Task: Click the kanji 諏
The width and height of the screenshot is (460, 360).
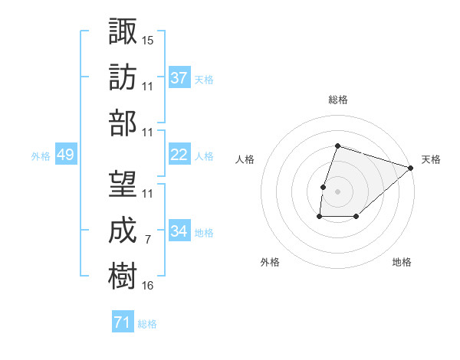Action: pos(123,31)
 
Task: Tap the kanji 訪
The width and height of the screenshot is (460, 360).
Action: pos(123,77)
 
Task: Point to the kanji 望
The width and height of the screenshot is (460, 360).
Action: pos(123,184)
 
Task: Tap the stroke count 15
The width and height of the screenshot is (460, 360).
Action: pos(148,40)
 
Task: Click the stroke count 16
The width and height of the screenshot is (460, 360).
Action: pos(148,286)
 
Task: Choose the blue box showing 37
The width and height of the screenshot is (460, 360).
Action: pos(179,77)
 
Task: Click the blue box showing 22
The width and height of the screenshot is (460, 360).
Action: pos(179,155)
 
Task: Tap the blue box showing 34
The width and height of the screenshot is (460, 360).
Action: pos(179,231)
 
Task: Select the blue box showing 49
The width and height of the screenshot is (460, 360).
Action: pos(65,155)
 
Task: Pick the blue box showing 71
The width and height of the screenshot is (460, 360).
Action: pos(122,322)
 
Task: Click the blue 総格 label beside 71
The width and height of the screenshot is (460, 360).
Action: pos(147,324)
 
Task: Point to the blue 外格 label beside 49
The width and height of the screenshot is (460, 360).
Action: pos(41,156)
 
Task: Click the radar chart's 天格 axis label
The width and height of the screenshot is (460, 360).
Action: pos(431,159)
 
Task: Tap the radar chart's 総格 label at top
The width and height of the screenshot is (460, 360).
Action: pos(338,100)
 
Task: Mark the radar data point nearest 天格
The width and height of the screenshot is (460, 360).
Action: pos(412,168)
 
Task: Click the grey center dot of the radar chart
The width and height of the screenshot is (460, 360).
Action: pos(337,191)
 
